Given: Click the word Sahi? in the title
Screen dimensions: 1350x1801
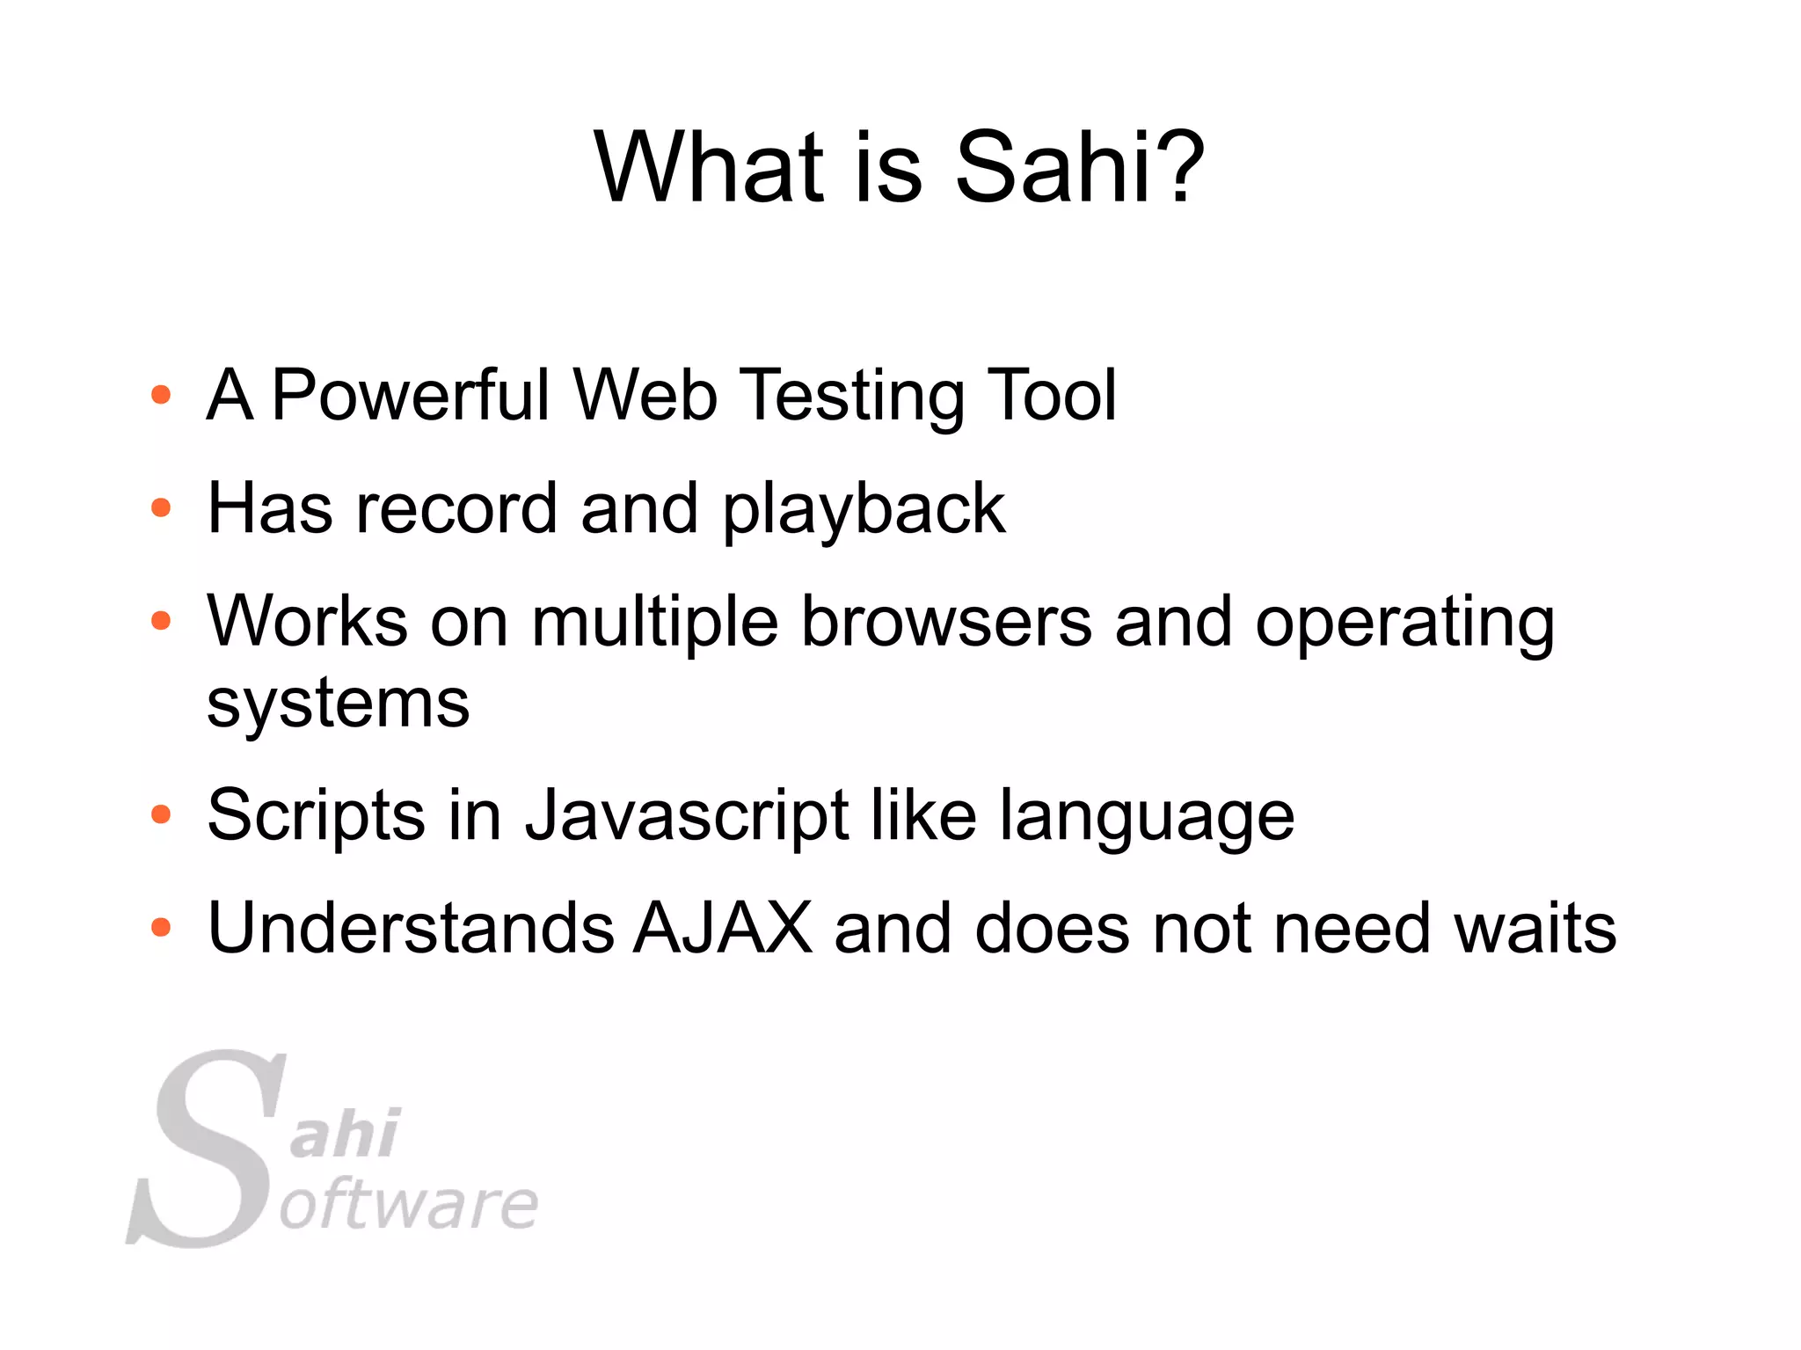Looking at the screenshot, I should [x=1079, y=167].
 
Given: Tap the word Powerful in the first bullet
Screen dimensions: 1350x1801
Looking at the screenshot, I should [x=411, y=395].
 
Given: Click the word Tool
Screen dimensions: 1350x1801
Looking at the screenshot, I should [x=1051, y=395].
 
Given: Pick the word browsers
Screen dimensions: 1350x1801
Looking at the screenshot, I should [x=946, y=622].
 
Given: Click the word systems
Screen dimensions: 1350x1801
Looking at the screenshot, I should [x=339, y=704].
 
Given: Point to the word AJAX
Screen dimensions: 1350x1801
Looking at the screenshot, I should [x=723, y=928].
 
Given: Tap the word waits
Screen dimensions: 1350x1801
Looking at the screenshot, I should [x=1535, y=928].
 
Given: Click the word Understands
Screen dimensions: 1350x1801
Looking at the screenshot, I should [x=411, y=928].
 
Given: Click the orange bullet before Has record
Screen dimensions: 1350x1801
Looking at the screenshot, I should [x=161, y=508].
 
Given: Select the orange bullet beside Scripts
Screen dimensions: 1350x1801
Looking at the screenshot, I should [x=161, y=814].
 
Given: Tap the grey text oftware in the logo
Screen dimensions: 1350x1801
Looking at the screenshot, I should [x=409, y=1205].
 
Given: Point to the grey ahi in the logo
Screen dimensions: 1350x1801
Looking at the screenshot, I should [x=346, y=1134].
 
